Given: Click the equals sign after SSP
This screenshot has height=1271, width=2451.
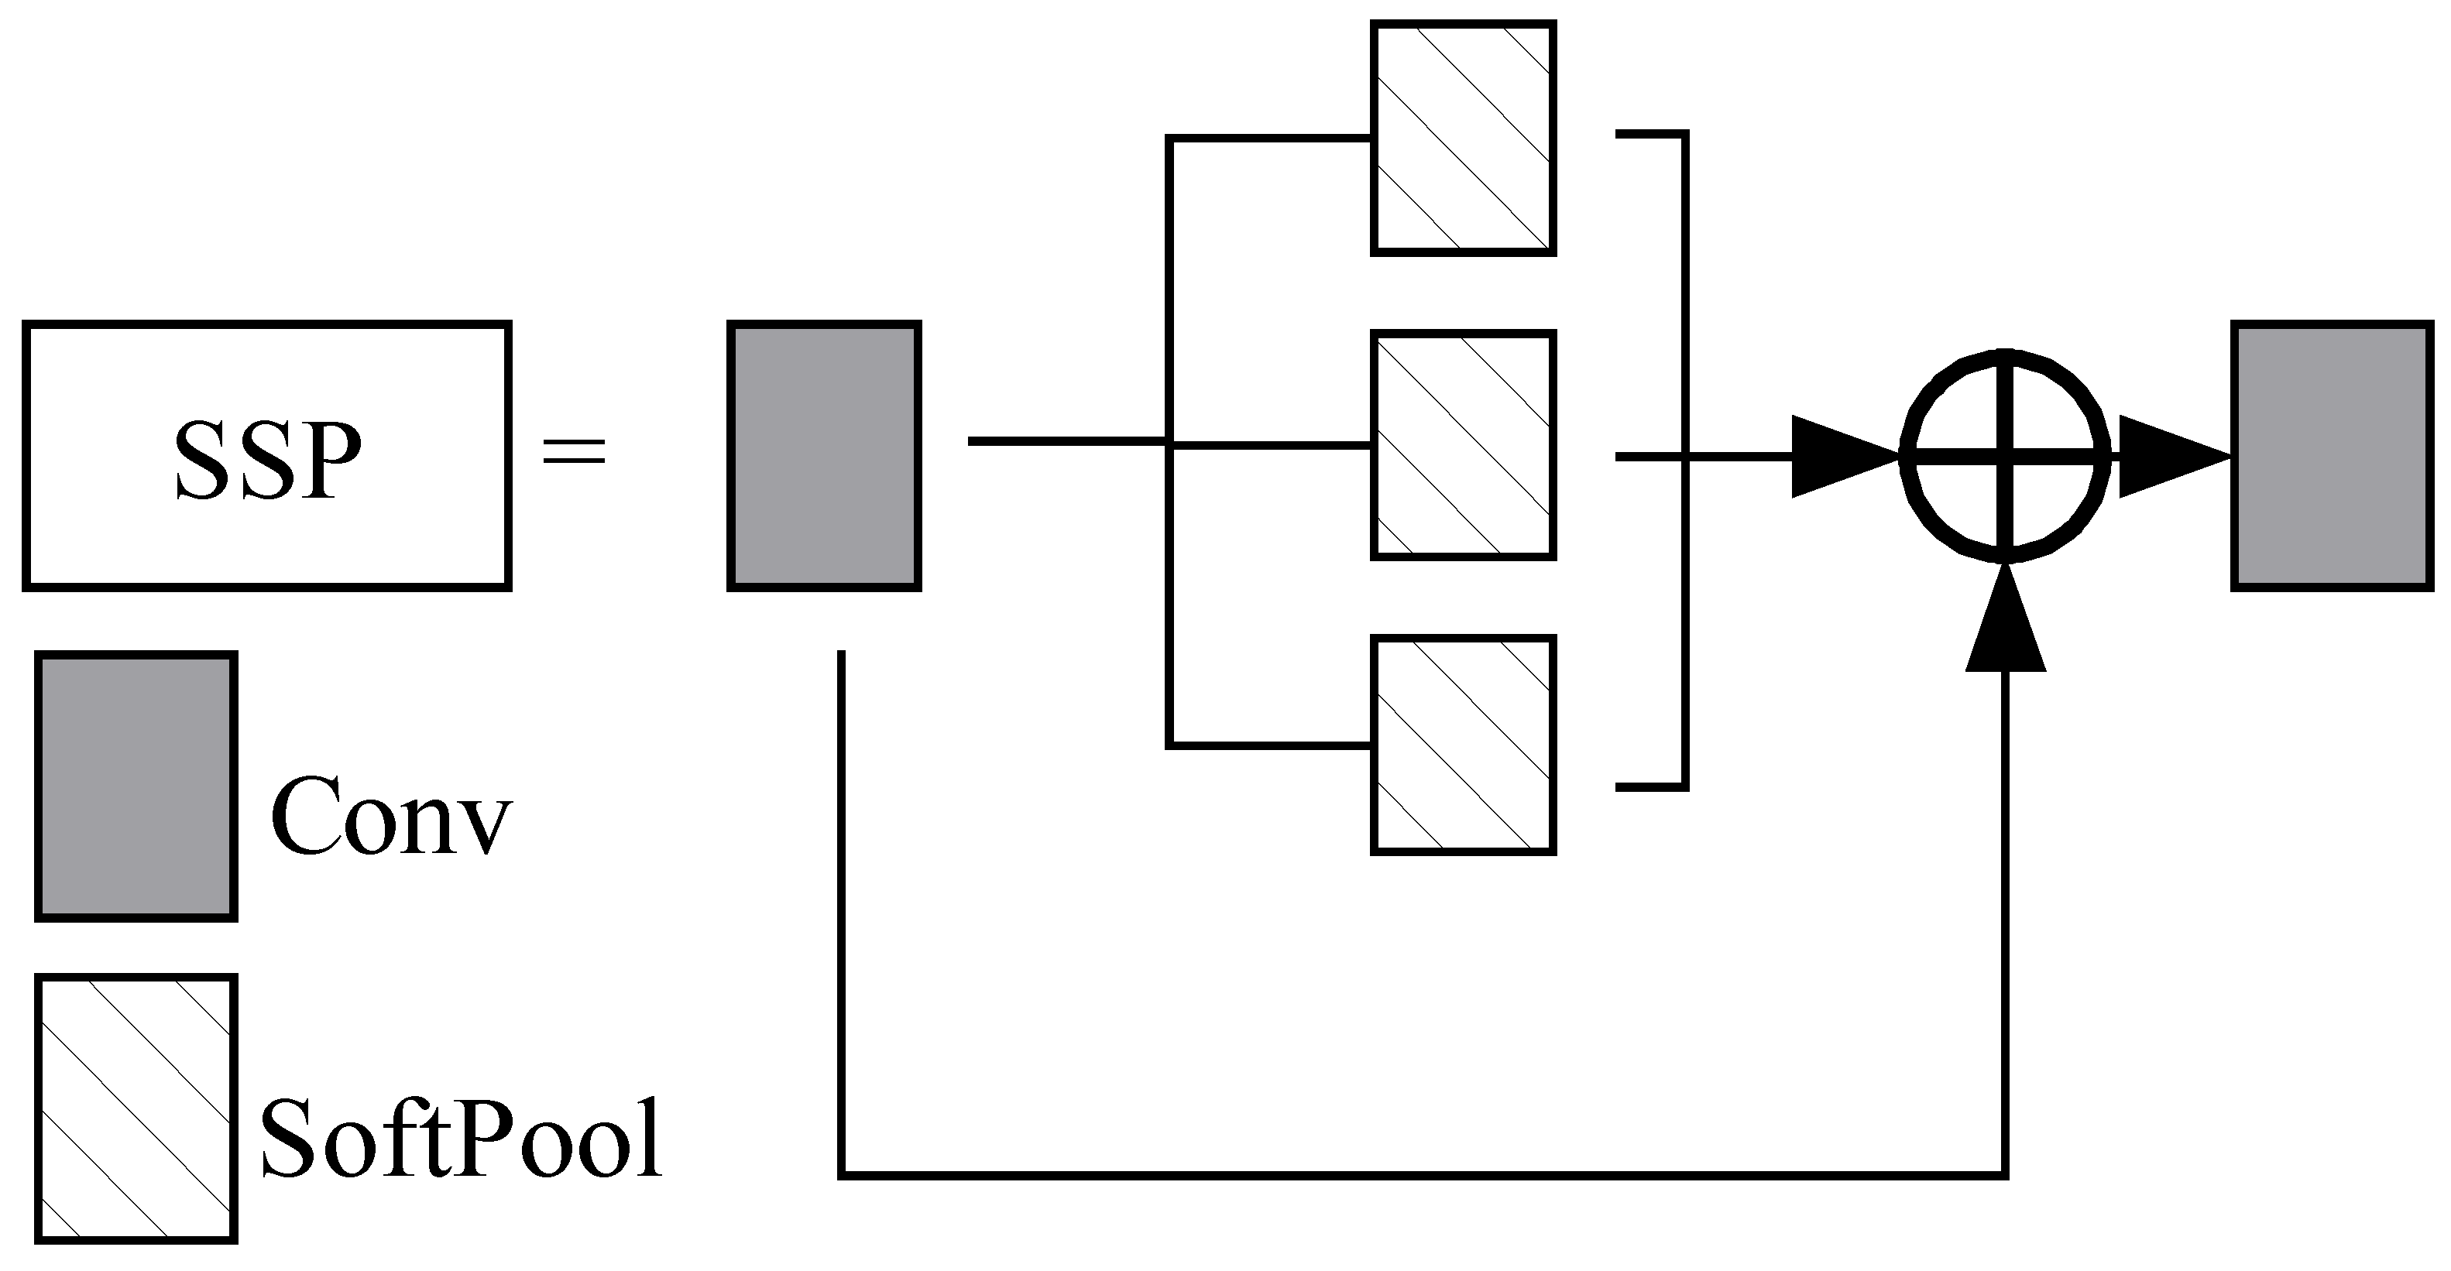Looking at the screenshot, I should pos(574,451).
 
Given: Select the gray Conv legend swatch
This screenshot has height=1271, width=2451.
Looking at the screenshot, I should pos(136,786).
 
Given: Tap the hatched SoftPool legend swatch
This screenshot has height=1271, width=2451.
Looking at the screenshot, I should pos(136,1108).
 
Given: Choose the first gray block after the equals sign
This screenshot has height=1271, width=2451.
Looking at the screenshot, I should pos(824,456).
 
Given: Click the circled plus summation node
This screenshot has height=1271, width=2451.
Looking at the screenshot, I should pos(2006,457).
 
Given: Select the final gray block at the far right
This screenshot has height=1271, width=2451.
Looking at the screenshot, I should pos(2332,456).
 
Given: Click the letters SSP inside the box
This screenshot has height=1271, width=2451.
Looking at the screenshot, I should pos(267,461).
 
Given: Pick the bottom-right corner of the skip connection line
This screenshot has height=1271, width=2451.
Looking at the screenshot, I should pos(2006,1176).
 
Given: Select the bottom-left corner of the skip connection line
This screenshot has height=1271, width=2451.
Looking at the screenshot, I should pos(842,1176).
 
